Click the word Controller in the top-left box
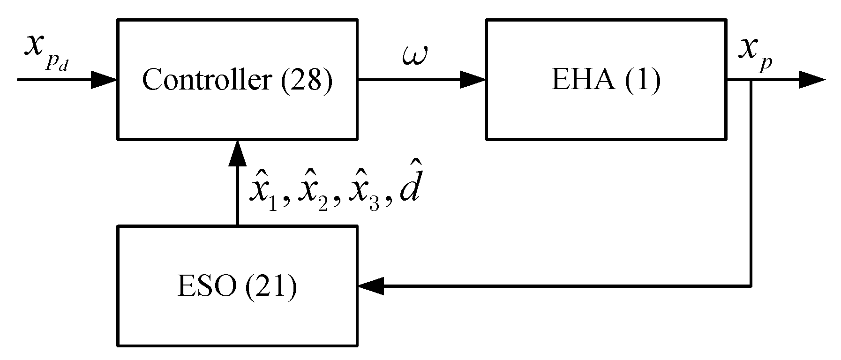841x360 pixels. tap(206, 80)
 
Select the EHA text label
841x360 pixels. tap(582, 80)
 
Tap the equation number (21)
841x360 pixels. tap(270, 287)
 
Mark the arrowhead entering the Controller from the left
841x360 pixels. tap(104, 80)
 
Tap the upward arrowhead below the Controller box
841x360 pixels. tap(237, 154)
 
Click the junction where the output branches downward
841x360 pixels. tap(751, 80)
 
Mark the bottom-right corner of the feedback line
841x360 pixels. tap(751, 285)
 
